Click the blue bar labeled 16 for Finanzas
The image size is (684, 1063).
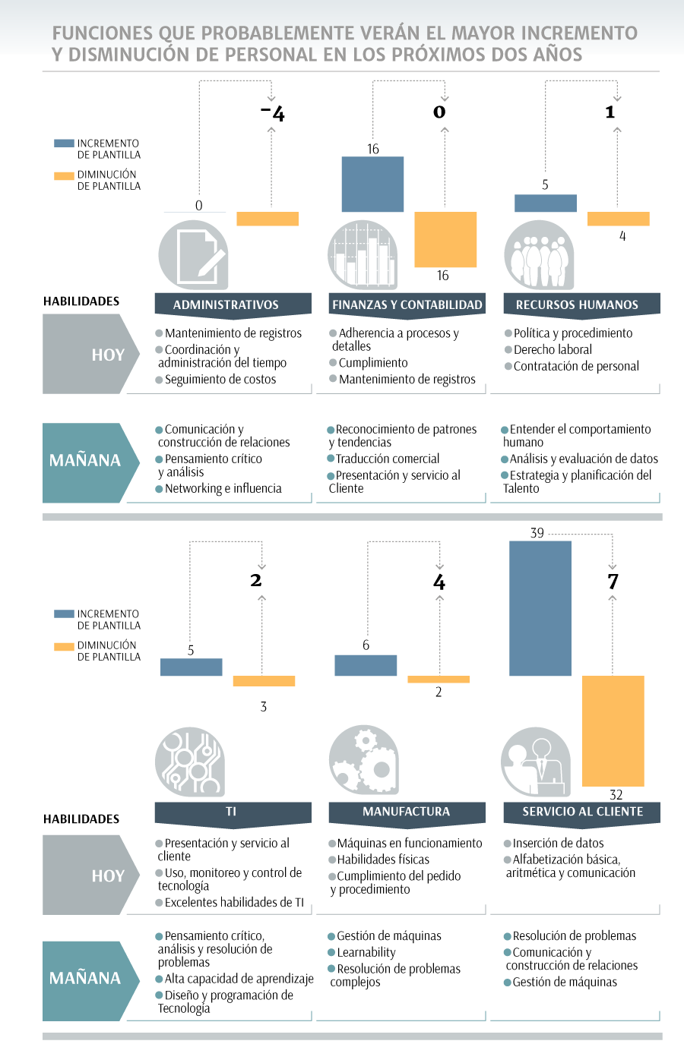click(x=373, y=184)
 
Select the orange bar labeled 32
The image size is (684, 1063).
click(x=613, y=730)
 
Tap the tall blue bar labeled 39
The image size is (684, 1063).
click(x=540, y=608)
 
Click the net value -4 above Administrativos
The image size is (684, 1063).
click(x=273, y=113)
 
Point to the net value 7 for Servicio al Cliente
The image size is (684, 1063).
click(x=613, y=582)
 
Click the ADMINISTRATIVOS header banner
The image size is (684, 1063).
click(x=233, y=304)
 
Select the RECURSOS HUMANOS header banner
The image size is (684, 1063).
click(x=582, y=304)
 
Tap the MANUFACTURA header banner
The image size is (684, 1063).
click(x=407, y=812)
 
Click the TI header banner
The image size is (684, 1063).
click(x=233, y=812)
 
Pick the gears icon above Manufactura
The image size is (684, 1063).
click(x=364, y=760)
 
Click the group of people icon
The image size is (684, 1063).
click(x=539, y=255)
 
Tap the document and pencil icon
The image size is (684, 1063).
click(x=193, y=255)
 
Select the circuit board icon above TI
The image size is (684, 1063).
click(x=190, y=762)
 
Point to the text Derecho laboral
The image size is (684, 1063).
click(x=553, y=350)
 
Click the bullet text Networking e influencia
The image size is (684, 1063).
click(x=223, y=488)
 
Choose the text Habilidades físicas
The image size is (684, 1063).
click(x=383, y=860)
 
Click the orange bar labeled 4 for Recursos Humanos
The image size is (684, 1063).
click(x=619, y=219)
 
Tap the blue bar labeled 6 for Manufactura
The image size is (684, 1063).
click(x=366, y=665)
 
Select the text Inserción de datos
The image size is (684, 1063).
click(x=558, y=843)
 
